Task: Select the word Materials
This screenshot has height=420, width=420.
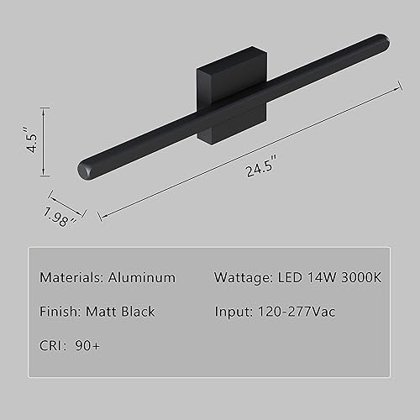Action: click(71, 276)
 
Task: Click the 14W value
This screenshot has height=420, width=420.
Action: click(322, 276)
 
